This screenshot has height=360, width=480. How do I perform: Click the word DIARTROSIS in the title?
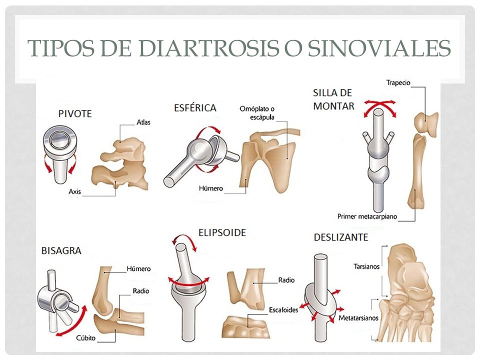(209, 48)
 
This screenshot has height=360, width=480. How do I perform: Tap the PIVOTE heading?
(75, 114)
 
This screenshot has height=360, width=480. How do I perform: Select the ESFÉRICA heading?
(195, 108)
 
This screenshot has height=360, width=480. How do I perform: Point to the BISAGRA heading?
(61, 250)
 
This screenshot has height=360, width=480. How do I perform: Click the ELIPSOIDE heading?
(222, 232)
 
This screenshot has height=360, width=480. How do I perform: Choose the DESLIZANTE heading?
(340, 237)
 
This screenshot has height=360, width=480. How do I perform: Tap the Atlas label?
(143, 122)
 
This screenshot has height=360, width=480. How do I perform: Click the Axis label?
(74, 191)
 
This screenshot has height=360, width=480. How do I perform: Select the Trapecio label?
(398, 82)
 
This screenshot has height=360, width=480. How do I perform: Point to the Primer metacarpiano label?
(367, 216)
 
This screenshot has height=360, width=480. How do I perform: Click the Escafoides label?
(283, 310)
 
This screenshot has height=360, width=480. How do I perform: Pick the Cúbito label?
(85, 338)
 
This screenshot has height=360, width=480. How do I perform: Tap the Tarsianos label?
(366, 266)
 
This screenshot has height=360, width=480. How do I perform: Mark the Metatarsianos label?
(358, 318)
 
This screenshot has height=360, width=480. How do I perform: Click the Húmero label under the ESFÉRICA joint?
(211, 188)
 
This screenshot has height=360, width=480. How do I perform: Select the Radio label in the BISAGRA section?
(141, 291)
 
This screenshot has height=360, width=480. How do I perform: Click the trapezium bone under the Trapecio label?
(426, 123)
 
